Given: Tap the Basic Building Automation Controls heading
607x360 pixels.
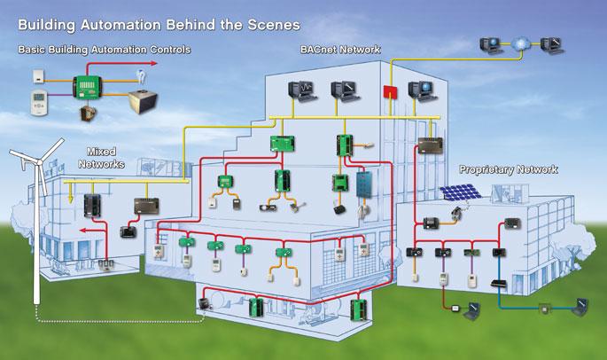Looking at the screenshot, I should [x=104, y=50].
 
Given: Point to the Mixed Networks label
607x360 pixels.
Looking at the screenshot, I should [x=104, y=158].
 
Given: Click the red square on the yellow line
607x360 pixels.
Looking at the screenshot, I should [x=386, y=93].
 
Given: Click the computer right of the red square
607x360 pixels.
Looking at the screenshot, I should [x=418, y=90].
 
